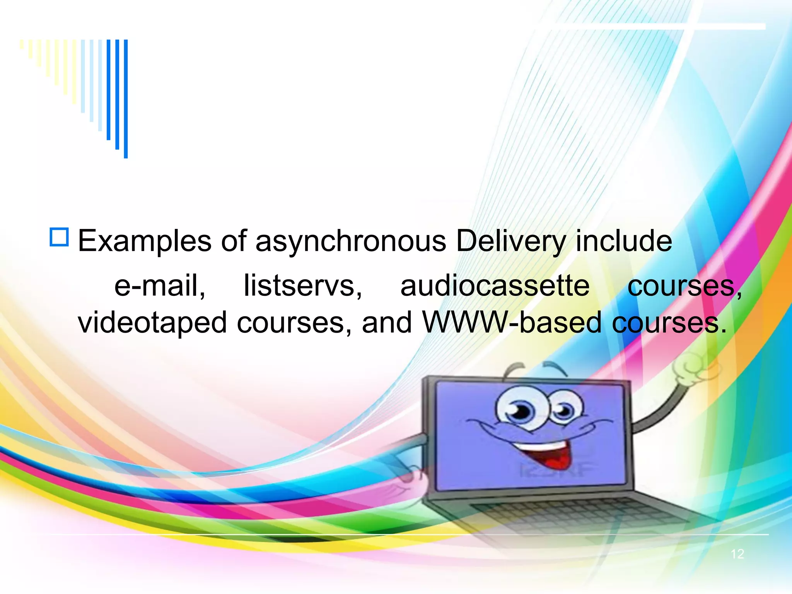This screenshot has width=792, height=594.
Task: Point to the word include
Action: (x=624, y=241)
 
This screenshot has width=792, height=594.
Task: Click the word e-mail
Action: (x=160, y=285)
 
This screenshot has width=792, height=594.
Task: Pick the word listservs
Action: (x=303, y=285)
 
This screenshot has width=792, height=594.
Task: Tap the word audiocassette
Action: (x=495, y=285)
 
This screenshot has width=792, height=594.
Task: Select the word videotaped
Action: (x=152, y=323)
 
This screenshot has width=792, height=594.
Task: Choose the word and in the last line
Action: (x=387, y=322)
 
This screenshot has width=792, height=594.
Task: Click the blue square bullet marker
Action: (x=59, y=237)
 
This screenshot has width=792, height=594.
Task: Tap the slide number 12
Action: (x=737, y=554)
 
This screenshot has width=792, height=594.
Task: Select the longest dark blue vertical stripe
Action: (x=126, y=99)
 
